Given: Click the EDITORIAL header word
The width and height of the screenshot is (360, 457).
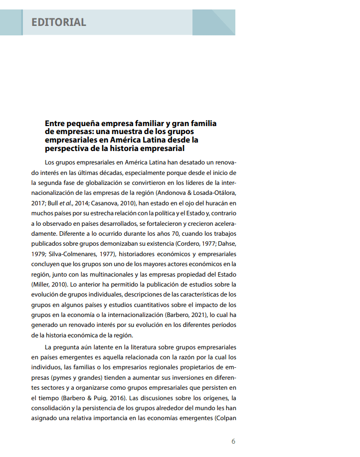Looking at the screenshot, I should (59, 22).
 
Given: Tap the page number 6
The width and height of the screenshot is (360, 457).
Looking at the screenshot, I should (233, 441).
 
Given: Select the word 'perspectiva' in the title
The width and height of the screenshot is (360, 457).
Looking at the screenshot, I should (68, 148).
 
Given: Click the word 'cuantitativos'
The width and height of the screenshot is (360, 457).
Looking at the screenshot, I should (145, 305).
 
